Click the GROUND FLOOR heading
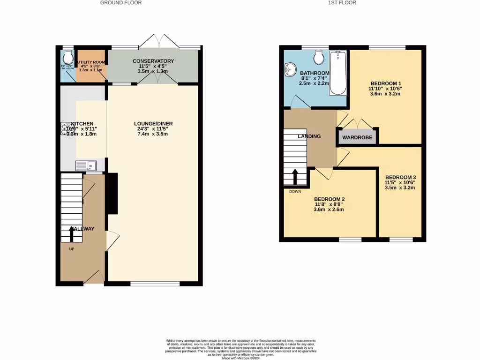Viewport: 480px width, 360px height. click(121, 3)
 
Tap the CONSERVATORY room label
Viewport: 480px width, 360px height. click(153, 61)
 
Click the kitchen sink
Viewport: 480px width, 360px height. click(86, 165)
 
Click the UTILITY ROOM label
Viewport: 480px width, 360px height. click(91, 62)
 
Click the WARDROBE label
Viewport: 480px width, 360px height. click(357, 138)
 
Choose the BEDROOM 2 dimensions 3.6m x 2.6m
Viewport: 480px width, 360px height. click(329, 210)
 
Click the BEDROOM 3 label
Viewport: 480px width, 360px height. click(400, 177)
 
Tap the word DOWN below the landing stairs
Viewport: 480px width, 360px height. click(295, 192)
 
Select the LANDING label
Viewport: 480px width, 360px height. click(309, 136)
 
